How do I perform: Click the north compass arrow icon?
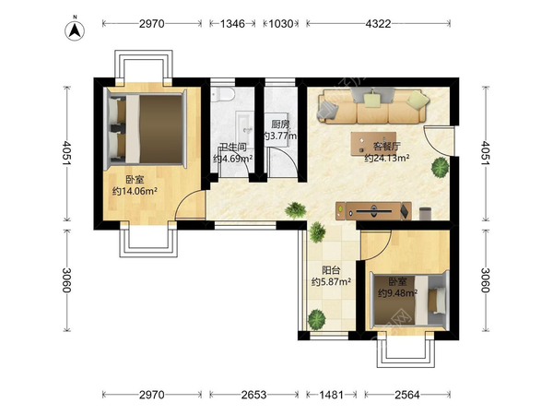pyautogui.click(x=75, y=30)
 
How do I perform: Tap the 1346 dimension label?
pyautogui.click(x=232, y=24)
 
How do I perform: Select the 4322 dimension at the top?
pyautogui.click(x=378, y=24)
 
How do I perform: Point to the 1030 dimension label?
pyautogui.click(x=281, y=24)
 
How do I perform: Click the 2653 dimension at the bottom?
pyautogui.click(x=254, y=395)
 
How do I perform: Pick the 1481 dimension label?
pyautogui.click(x=331, y=395)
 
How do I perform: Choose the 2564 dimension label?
pyautogui.click(x=407, y=395)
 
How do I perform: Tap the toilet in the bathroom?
pyautogui.click(x=223, y=94)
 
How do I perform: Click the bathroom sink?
pyautogui.click(x=244, y=126)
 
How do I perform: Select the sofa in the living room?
pyautogui.click(x=372, y=105)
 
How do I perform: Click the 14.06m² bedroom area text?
pyautogui.click(x=135, y=191)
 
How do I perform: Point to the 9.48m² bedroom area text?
pyautogui.click(x=398, y=293)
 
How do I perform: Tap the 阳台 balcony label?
pyautogui.click(x=331, y=270)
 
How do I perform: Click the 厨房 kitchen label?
pyautogui.click(x=281, y=125)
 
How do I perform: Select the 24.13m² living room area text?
pyautogui.click(x=387, y=158)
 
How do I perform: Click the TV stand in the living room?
pyautogui.click(x=373, y=211)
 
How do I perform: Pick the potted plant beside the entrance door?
pyautogui.click(x=441, y=167)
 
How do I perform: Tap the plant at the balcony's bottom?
pyautogui.click(x=317, y=320)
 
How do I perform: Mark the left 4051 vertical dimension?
pyautogui.click(x=66, y=153)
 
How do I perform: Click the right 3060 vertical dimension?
pyautogui.click(x=486, y=280)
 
